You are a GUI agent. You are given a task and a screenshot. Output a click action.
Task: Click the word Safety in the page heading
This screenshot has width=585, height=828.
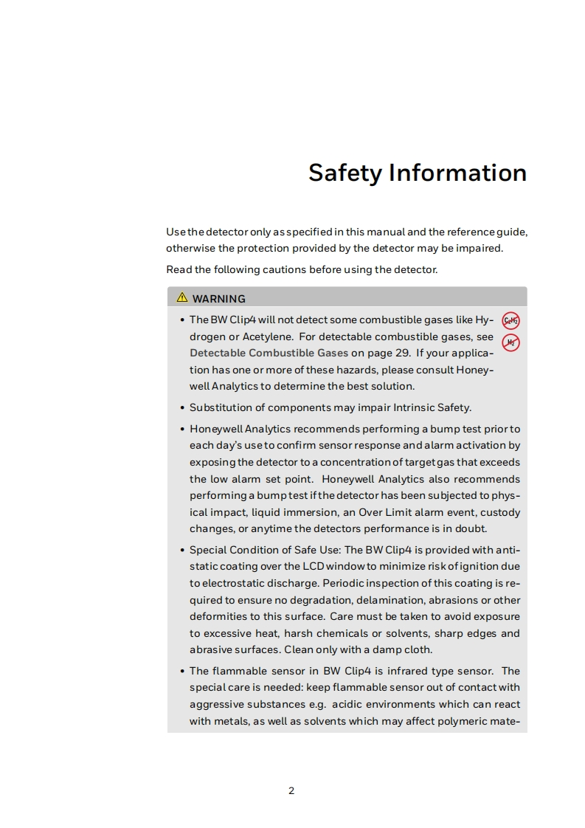[x=345, y=173]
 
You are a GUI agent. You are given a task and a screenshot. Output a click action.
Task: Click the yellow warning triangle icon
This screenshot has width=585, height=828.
[x=181, y=298]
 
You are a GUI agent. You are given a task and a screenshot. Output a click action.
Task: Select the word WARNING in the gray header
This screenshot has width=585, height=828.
[x=219, y=299]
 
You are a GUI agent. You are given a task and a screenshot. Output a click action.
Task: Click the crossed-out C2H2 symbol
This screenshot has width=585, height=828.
[x=510, y=321]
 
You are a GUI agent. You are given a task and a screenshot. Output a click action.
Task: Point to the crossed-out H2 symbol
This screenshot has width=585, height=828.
[x=510, y=342]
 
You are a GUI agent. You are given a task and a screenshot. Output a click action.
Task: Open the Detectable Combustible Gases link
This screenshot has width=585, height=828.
[x=269, y=353]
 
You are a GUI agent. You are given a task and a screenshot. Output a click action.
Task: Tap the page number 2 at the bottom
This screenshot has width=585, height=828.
[x=291, y=791]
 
